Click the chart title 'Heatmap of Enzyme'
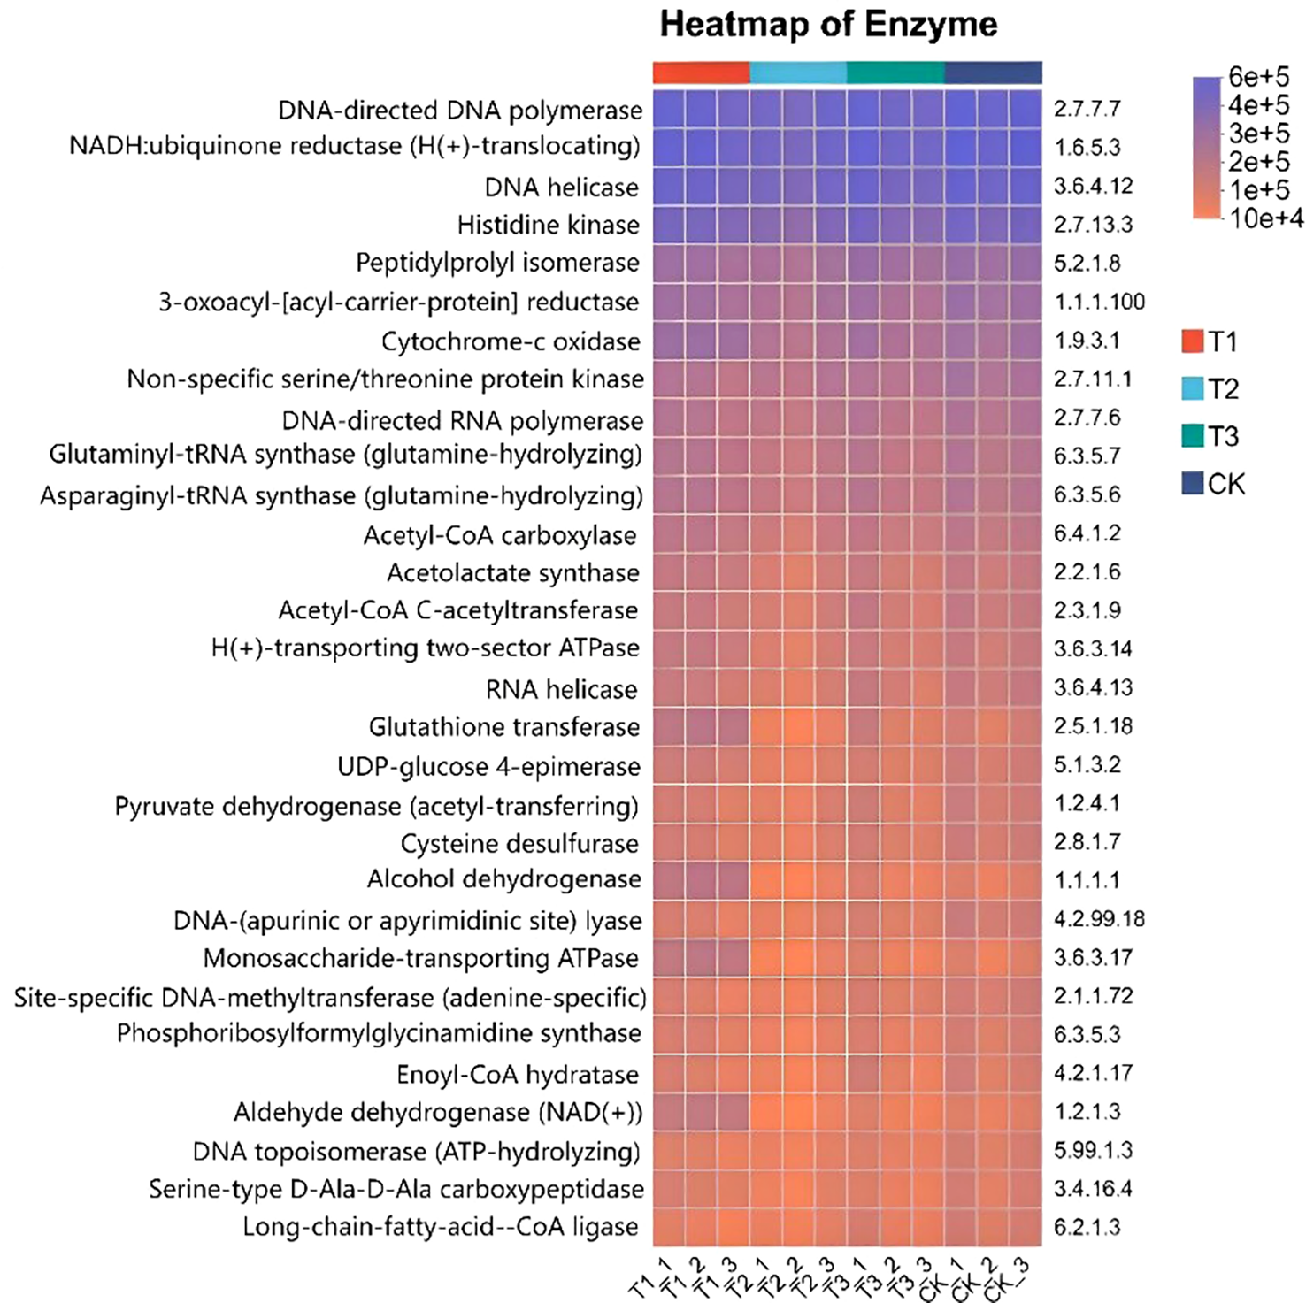pyautogui.click(x=828, y=25)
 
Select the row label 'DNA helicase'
pyautogui.click(x=561, y=188)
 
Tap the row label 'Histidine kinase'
pyautogui.click(x=548, y=226)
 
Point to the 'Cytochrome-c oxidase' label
pyautogui.click(x=511, y=341)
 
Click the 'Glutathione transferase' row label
pyautogui.click(x=503, y=727)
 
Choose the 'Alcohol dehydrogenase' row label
pyautogui.click(x=503, y=879)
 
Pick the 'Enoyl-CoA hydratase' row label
pyautogui.click(x=517, y=1075)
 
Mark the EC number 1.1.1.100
pyautogui.click(x=1099, y=303)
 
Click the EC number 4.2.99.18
pyautogui.click(x=1099, y=919)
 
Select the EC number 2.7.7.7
pyautogui.click(x=1087, y=109)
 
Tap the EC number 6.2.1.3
pyautogui.click(x=1087, y=1228)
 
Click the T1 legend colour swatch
pyautogui.click(x=1192, y=341)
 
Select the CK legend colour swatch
pyautogui.click(x=1192, y=483)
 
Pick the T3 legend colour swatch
pyautogui.click(x=1192, y=436)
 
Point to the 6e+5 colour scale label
pyautogui.click(x=1258, y=78)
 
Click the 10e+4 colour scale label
pyautogui.click(x=1265, y=218)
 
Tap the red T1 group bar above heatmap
pyautogui.click(x=701, y=73)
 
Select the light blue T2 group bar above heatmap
pyautogui.click(x=798, y=73)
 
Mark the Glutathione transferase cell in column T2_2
pyautogui.click(x=798, y=727)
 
